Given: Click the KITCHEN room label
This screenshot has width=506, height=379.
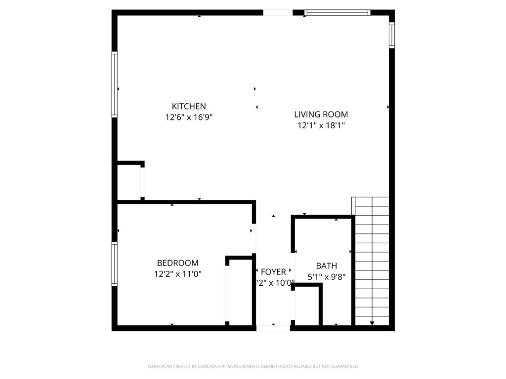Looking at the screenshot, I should coord(189,106).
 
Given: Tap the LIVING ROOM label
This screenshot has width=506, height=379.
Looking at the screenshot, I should coord(321,114).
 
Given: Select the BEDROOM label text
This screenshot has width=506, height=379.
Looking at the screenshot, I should coord(177,263).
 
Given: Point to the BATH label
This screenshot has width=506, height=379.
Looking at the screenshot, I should coord(326,266).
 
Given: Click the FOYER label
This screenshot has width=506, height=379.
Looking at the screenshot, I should coord(273,272).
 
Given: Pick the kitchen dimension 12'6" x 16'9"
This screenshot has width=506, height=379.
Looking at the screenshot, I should coord(189,117).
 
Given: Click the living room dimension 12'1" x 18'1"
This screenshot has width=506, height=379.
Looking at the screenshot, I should coord(321,125).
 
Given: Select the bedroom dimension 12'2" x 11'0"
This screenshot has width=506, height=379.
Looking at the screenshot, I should coord(177,274).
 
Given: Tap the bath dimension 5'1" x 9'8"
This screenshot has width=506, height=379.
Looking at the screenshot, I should coord(326,277).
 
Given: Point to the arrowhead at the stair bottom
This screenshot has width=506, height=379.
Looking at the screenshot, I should coord(372,323).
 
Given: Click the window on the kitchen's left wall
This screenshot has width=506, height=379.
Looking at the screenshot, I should coord(115,84).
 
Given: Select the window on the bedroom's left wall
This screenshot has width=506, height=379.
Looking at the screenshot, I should coord(115,264).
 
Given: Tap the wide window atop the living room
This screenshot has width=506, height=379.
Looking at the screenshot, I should coord(337,12).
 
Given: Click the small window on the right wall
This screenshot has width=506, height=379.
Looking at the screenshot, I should coord(391,35).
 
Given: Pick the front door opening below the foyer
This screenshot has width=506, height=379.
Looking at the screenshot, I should coord(273,328).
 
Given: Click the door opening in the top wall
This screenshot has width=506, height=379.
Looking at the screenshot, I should coord(277,12).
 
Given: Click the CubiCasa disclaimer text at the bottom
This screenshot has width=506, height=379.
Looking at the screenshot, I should coord(253,366).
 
